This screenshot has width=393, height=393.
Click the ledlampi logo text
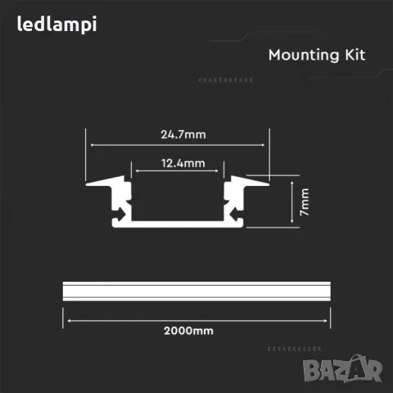pyautogui.click(x=56, y=25)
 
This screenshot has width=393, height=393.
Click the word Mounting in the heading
pyautogui.click(x=304, y=56)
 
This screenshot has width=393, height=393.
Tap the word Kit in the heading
pyautogui.click(x=355, y=55)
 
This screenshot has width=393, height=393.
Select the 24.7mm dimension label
pyautogui.click(x=183, y=134)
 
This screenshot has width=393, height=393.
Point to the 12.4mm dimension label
pyautogui.click(x=183, y=163)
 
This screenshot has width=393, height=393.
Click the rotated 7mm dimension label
pyautogui.click(x=305, y=202)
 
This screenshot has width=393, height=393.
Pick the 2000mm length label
pyautogui.click(x=188, y=331)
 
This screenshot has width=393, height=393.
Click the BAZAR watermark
pyautogui.click(x=342, y=368)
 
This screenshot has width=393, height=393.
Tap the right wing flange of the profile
pyautogui.click(x=249, y=181)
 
